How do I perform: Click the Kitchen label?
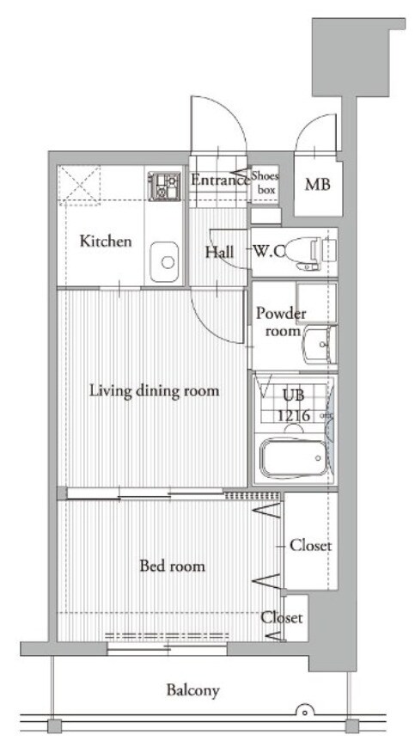[x=105, y=241]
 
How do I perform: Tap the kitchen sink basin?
[x=165, y=261]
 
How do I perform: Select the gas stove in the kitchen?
[x=164, y=187]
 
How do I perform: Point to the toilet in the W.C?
[x=309, y=252]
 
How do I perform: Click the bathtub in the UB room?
[x=293, y=458]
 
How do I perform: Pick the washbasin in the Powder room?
[x=320, y=344]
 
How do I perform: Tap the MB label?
[x=317, y=184]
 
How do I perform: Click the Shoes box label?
[x=265, y=182]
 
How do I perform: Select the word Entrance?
[x=220, y=181]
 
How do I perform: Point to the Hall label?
[x=219, y=252]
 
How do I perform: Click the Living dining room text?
[x=155, y=391]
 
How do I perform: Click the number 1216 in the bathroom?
[x=294, y=415]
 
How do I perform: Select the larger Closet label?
[x=311, y=546]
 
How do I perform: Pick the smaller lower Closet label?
[x=281, y=618]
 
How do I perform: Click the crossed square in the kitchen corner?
[x=79, y=186]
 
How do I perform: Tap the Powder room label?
[x=281, y=322]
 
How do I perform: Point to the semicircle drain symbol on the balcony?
[x=303, y=710]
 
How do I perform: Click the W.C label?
[x=268, y=252]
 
